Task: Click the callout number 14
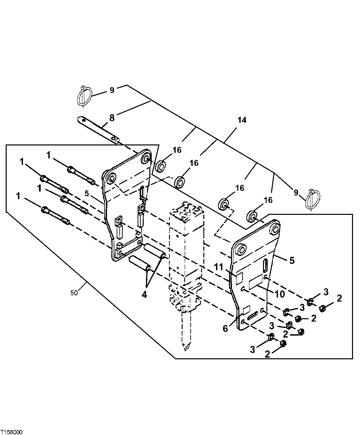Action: pyautogui.click(x=242, y=120)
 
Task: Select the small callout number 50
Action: pyautogui.click(x=74, y=293)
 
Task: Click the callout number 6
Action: pyautogui.click(x=225, y=329)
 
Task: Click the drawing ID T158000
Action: pyautogui.click(x=12, y=432)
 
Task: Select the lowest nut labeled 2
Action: pyautogui.click(x=283, y=344)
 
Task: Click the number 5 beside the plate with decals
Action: pyautogui.click(x=292, y=260)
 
